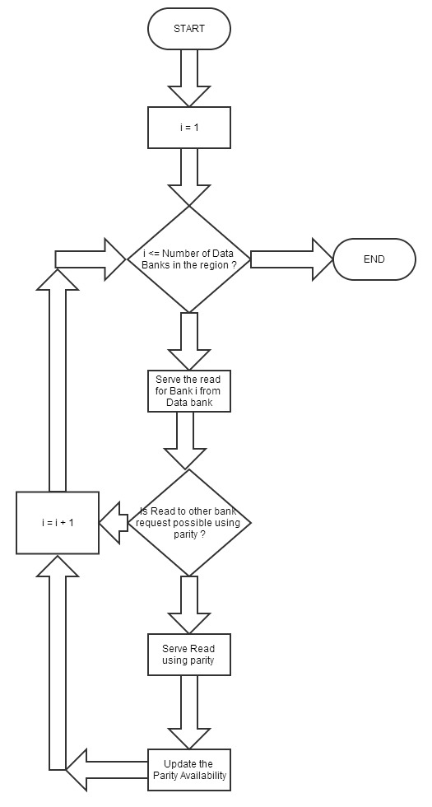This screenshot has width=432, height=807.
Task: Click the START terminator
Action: pyautogui.click(x=188, y=29)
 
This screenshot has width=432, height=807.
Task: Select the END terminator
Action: pyautogui.click(x=374, y=259)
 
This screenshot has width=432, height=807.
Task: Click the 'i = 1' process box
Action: pyautogui.click(x=188, y=128)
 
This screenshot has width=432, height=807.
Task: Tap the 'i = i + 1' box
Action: pyautogui.click(x=58, y=523)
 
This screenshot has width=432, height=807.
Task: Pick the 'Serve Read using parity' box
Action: pyautogui.click(x=188, y=654)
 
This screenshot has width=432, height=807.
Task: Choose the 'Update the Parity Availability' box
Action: pyautogui.click(x=188, y=769)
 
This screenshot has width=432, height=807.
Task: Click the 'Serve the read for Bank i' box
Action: pyautogui.click(x=188, y=391)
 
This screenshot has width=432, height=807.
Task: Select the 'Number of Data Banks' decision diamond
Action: pyautogui.click(x=188, y=259)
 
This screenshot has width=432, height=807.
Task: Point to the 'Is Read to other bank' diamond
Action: pyautogui.click(x=188, y=523)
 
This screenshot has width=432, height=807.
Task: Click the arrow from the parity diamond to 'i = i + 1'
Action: pyautogui.click(x=114, y=523)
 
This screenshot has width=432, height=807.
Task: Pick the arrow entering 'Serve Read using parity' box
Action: pyautogui.click(x=188, y=605)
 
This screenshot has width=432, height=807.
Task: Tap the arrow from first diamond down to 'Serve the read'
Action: pyautogui.click(x=188, y=339)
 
